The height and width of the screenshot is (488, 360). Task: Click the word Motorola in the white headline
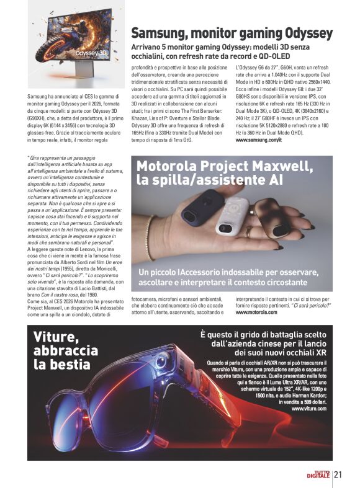168,166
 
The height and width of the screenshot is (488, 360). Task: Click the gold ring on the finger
248,233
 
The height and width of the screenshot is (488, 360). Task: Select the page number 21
339,475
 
